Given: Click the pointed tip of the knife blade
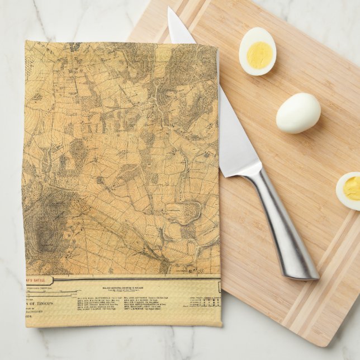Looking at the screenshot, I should click(170, 10).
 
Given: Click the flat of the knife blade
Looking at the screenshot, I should click(235, 134).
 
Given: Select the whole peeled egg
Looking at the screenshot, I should click(298, 112).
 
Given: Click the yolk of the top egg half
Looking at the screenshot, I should click(259, 55).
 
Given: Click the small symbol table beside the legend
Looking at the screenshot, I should click(210, 302).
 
